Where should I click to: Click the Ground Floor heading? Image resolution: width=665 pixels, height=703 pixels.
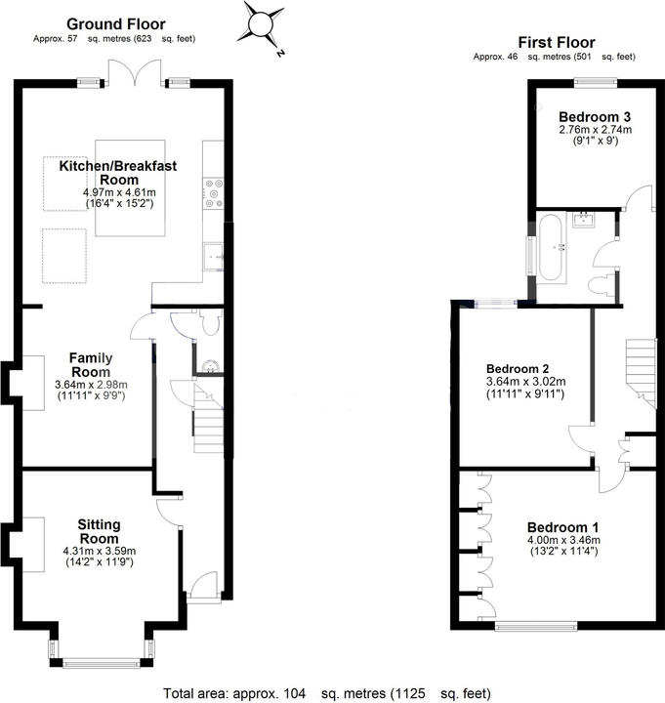(x=115, y=23)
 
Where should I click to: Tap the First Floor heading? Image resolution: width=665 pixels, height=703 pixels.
(x=556, y=42)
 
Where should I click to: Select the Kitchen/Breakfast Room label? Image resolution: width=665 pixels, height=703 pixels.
(x=118, y=173)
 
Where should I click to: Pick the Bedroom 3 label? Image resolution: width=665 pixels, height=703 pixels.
(x=595, y=117)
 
